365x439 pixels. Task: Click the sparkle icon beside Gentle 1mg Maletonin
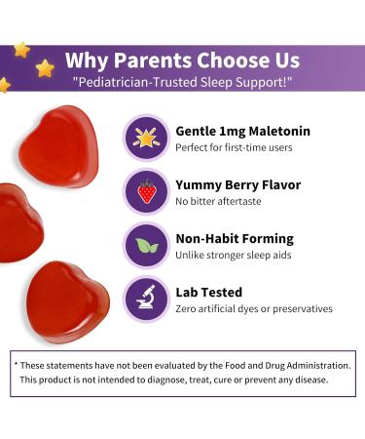coord(146,138)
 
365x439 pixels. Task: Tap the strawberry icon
coord(146,191)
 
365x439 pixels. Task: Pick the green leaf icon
coord(146,245)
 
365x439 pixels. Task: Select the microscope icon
coord(146,299)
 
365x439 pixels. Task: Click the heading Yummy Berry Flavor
coord(237,184)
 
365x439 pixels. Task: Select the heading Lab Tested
coord(208,292)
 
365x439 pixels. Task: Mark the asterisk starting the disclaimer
coord(17,363)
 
